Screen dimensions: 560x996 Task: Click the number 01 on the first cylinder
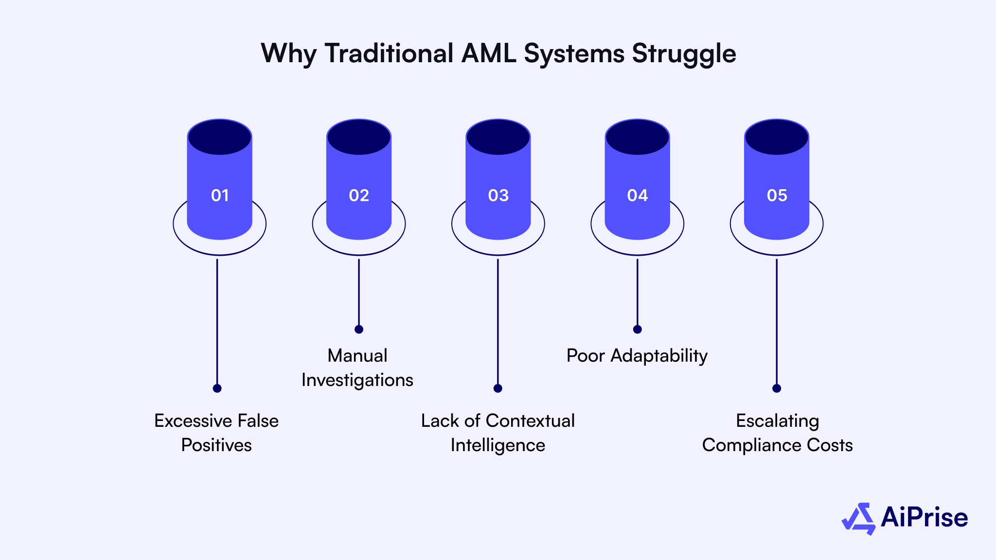[220, 195]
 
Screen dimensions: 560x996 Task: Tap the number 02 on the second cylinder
[359, 195]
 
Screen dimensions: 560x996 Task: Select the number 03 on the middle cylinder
[498, 195]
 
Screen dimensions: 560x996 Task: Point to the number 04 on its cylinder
[637, 195]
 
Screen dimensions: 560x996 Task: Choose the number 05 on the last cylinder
[777, 195]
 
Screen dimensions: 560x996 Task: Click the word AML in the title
[488, 53]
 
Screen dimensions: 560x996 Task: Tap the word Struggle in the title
[684, 54]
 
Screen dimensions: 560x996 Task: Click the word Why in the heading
[288, 54]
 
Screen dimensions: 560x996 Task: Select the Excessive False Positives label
[216, 433]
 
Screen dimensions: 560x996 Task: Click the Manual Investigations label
[357, 367]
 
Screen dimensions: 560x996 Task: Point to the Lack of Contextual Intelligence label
[498, 433]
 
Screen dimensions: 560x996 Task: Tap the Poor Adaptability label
[637, 356]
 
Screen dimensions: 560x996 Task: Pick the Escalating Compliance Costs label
[777, 433]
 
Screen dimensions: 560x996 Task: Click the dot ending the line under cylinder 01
[217, 388]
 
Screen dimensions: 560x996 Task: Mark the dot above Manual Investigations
[359, 330]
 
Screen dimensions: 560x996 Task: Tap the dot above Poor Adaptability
[637, 330]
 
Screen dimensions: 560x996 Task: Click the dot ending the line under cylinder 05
[777, 388]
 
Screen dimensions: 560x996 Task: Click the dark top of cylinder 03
[498, 137]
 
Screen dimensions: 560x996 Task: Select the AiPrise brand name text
[924, 517]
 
